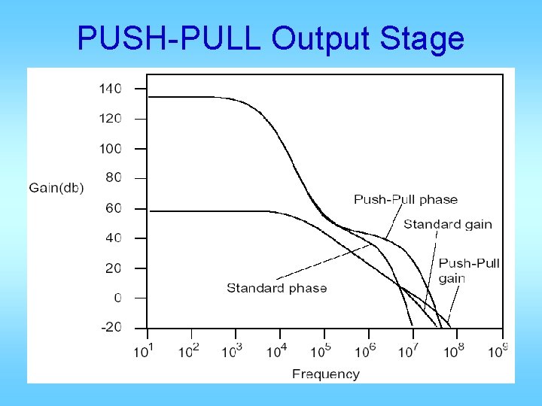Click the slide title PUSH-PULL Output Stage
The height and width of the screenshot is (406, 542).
pos(270,38)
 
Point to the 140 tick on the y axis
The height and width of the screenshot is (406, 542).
pos(110,88)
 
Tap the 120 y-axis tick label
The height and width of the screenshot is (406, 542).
pos(110,118)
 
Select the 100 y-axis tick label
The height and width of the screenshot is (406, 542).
pos(110,148)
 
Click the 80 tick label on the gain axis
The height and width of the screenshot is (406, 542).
pos(113,178)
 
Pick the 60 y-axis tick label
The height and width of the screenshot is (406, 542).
pos(113,208)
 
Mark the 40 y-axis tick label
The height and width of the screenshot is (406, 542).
pos(113,238)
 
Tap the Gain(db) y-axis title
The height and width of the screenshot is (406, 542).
pos(56,187)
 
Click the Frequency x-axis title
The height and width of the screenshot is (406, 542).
pos(326,374)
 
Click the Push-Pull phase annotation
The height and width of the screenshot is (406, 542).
pos(406,199)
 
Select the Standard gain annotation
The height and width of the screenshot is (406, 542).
pos(448,223)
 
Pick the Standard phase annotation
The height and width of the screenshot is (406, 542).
pos(277,288)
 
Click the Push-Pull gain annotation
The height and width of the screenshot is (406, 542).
pos(468,271)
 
